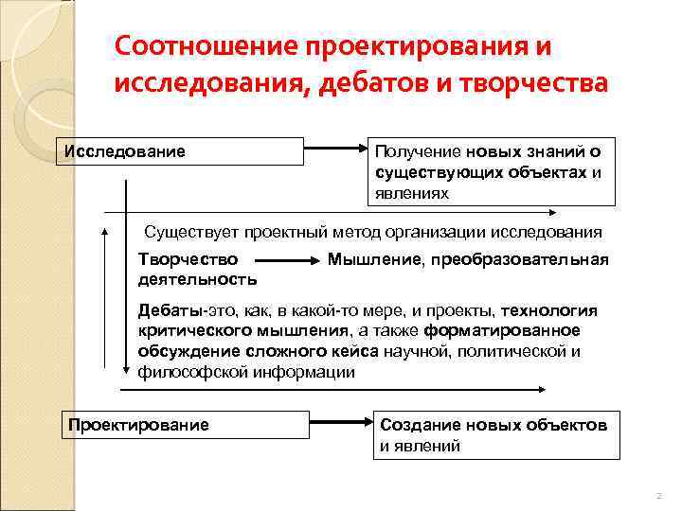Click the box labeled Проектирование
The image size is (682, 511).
pyautogui.click(x=184, y=424)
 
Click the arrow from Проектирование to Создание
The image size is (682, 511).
pyautogui.click(x=341, y=424)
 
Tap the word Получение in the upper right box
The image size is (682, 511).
pyautogui.click(x=416, y=151)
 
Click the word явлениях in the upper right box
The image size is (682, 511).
pyautogui.click(x=413, y=193)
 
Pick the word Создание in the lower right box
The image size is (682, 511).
pyautogui.click(x=420, y=425)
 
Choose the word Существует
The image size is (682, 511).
pyautogui.click(x=192, y=232)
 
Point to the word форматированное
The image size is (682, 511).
pyautogui.click(x=503, y=331)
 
